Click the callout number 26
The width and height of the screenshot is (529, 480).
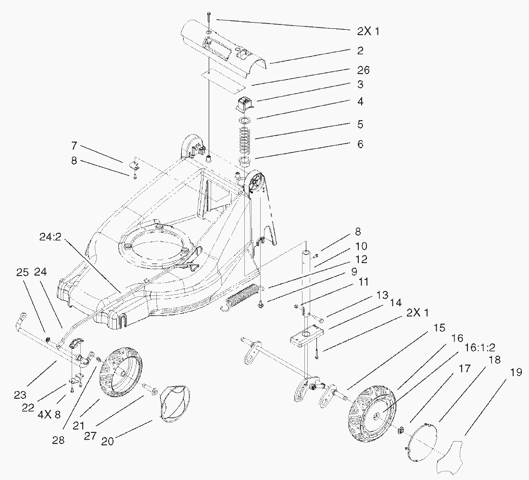[364, 70]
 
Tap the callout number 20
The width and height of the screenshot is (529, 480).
[107, 441]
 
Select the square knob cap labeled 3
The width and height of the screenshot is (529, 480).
[246, 103]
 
